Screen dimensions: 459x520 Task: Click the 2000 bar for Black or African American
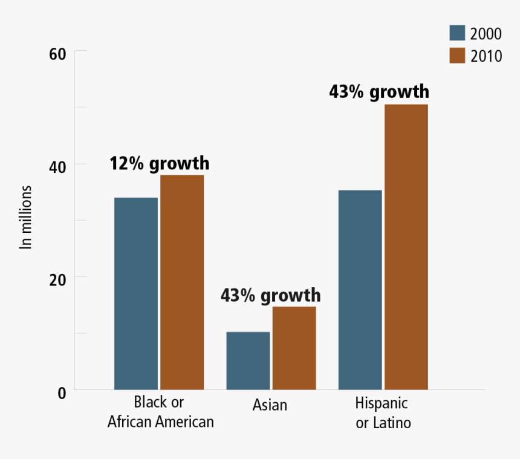pyautogui.click(x=136, y=293)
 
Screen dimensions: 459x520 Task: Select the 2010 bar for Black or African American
pyautogui.click(x=182, y=282)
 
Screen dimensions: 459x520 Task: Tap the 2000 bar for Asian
pyautogui.click(x=248, y=360)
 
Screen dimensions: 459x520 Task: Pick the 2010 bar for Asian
pyautogui.click(x=294, y=348)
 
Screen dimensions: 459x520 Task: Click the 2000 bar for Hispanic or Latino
pyautogui.click(x=360, y=290)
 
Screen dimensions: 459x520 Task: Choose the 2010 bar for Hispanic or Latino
pyautogui.click(x=406, y=247)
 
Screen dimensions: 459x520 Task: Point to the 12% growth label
pyautogui.click(x=159, y=163)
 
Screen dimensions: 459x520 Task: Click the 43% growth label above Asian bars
pyautogui.click(x=270, y=295)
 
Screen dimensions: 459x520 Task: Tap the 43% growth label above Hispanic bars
pyautogui.click(x=379, y=92)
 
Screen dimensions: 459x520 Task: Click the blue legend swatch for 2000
pyautogui.click(x=457, y=33)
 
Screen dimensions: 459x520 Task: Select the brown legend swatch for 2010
pyautogui.click(x=457, y=55)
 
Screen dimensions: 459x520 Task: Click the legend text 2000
pyautogui.click(x=486, y=34)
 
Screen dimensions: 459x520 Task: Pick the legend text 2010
pyautogui.click(x=486, y=56)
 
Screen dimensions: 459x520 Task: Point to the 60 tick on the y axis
pyautogui.click(x=57, y=54)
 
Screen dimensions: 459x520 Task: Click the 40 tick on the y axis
pyautogui.click(x=57, y=166)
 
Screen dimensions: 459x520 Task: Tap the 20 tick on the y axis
pyautogui.click(x=57, y=279)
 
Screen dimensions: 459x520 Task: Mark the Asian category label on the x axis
pyautogui.click(x=270, y=405)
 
